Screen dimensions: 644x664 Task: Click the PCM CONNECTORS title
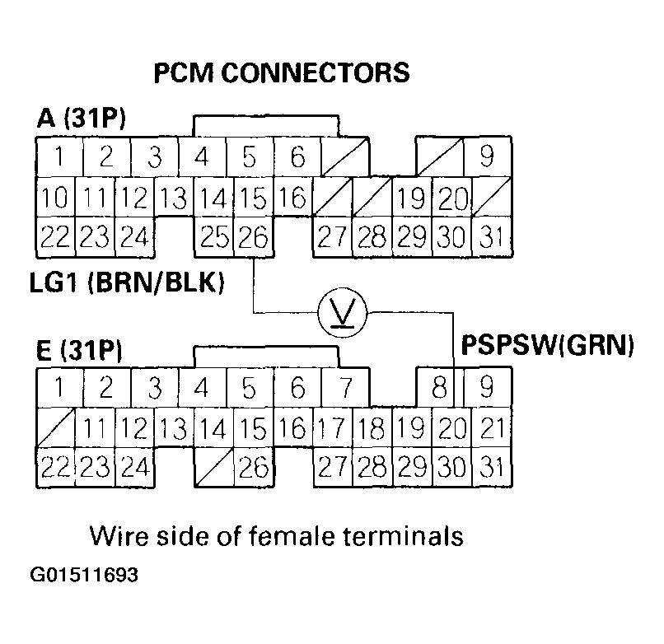[282, 74]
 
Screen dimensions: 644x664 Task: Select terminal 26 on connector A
[255, 237]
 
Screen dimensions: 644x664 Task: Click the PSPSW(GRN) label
[546, 343]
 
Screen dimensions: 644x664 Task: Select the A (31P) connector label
[81, 120]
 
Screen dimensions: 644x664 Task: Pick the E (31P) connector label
[80, 352]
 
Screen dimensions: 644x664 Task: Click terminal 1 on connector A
[56, 156]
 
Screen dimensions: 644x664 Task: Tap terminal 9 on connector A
[489, 156]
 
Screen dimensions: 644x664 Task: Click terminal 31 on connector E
[492, 468]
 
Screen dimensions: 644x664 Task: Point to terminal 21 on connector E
[492, 427]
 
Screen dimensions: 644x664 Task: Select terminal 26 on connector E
[255, 468]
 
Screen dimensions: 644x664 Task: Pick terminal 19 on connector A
[411, 198]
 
